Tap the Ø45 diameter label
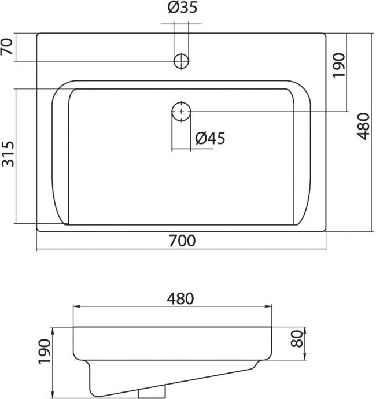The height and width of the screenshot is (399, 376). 209,138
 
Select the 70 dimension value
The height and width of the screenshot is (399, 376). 8,47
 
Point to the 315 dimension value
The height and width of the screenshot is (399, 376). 8,154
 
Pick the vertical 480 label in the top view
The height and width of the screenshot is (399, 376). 363,126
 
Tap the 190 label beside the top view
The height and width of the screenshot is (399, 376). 338,65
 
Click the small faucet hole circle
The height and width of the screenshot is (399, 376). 181,61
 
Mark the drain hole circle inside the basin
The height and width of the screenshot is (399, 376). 181,111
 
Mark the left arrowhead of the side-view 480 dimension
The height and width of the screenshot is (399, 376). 75,306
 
